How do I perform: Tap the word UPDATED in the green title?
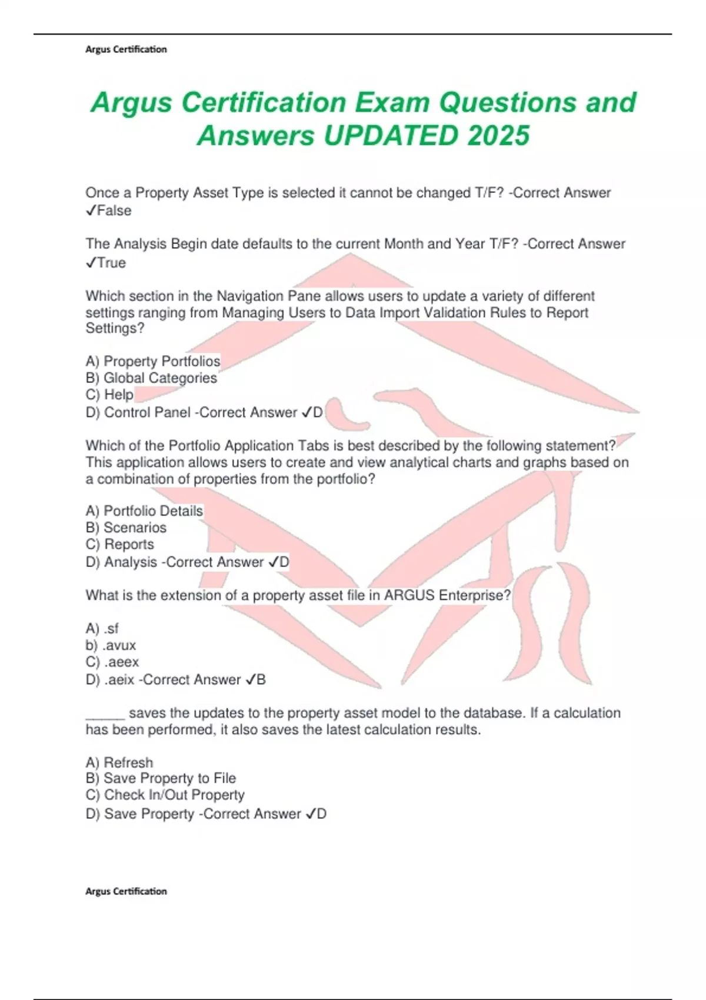click(389, 136)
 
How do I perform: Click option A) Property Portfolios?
click(153, 361)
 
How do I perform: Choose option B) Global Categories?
click(151, 378)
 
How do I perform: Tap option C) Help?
click(109, 394)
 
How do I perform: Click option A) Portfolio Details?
click(144, 511)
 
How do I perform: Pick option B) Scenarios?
click(126, 528)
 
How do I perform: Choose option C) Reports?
click(119, 544)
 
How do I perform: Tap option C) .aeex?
click(112, 662)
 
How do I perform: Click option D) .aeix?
click(110, 680)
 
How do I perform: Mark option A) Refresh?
click(119, 762)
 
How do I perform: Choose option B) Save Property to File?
click(161, 778)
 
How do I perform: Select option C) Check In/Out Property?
click(165, 795)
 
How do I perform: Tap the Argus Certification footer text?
click(126, 891)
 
